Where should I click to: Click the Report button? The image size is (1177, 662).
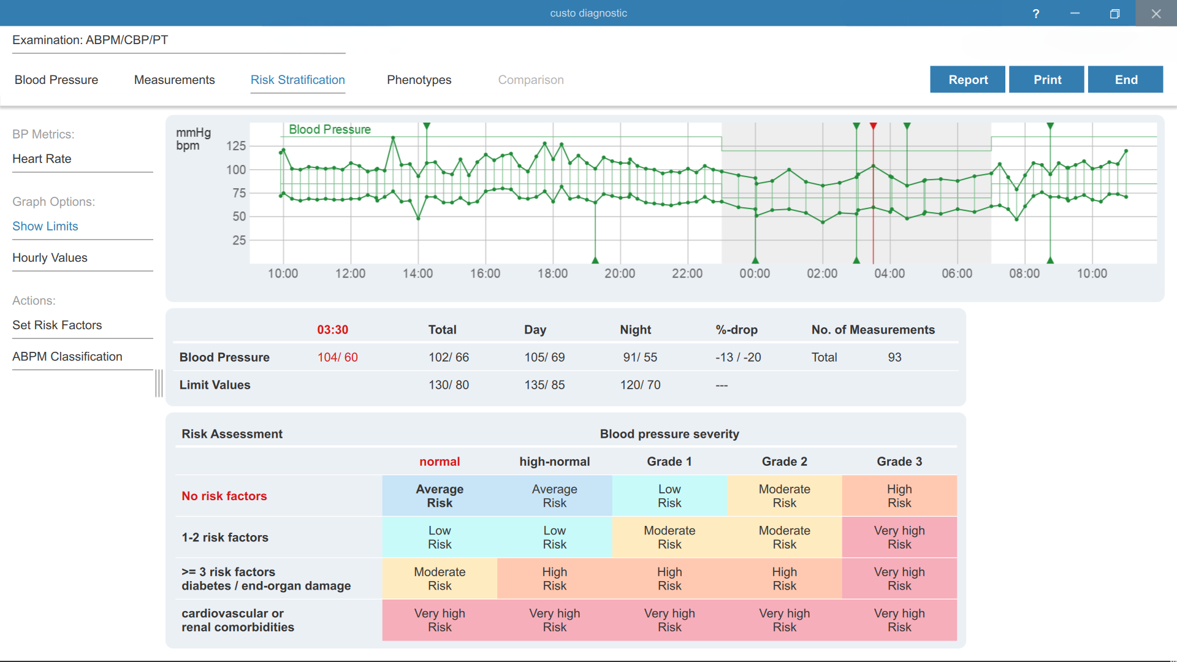[x=967, y=80]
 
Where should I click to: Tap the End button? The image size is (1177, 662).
[x=1126, y=80]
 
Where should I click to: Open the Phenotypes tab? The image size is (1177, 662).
[x=419, y=80]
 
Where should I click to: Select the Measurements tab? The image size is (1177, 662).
[x=174, y=80]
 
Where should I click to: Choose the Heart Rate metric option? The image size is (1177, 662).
[x=42, y=159]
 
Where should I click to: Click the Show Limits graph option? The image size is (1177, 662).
[x=45, y=226]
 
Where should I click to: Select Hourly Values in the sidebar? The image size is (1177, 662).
[x=50, y=257]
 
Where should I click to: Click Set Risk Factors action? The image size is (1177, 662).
[x=57, y=325]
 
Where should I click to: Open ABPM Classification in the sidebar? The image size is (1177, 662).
[x=67, y=356]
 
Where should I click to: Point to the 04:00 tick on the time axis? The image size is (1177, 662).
[x=889, y=273]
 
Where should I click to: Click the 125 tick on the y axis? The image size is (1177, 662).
[x=236, y=146]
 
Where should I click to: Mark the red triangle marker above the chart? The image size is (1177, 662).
[x=874, y=126]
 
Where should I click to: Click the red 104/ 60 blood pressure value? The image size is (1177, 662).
[x=337, y=357]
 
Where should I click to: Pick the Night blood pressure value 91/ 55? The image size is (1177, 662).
[x=640, y=357]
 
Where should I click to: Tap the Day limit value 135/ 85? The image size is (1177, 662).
[x=544, y=385]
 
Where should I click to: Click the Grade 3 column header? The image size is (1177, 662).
[x=899, y=462]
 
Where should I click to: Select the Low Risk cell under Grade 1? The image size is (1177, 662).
[x=669, y=496]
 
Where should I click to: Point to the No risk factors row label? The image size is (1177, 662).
[x=224, y=496]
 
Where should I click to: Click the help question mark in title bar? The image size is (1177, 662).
[x=1036, y=13]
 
